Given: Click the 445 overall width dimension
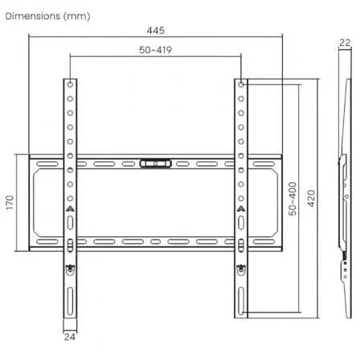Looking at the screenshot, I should [156, 30].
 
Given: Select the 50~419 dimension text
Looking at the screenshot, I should [156, 50].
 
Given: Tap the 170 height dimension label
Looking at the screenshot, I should [9, 201].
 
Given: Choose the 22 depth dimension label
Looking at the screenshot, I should [346, 45].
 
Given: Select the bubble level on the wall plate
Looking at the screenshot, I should [156, 163].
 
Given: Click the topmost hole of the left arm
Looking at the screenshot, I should [70, 84].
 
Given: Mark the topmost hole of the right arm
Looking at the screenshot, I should [241, 84].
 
